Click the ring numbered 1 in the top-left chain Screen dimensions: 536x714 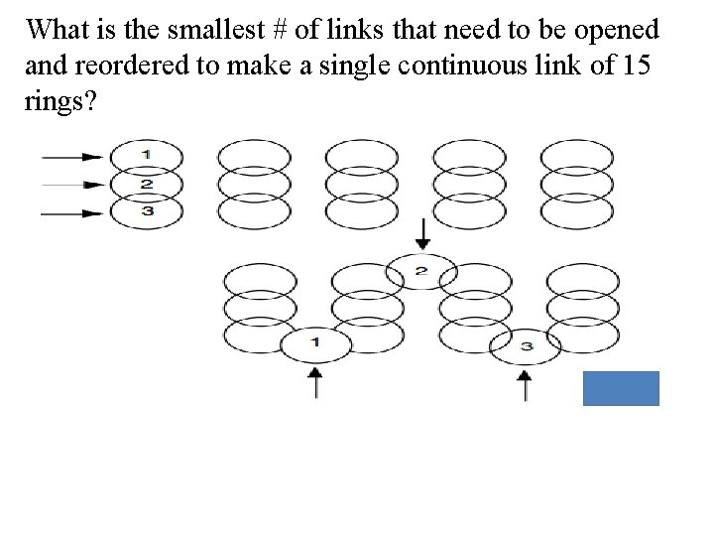point(146,155)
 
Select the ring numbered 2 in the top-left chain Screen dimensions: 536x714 point(146,184)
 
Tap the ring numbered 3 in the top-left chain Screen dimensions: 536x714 point(146,211)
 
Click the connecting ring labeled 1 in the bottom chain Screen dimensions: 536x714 point(315,343)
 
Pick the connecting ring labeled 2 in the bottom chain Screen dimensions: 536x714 point(421,271)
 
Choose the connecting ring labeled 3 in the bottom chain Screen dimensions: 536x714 point(526,345)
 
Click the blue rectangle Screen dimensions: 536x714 point(622,388)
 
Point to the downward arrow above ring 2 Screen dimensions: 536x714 point(422,234)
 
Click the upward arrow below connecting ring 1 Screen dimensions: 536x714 point(315,382)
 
